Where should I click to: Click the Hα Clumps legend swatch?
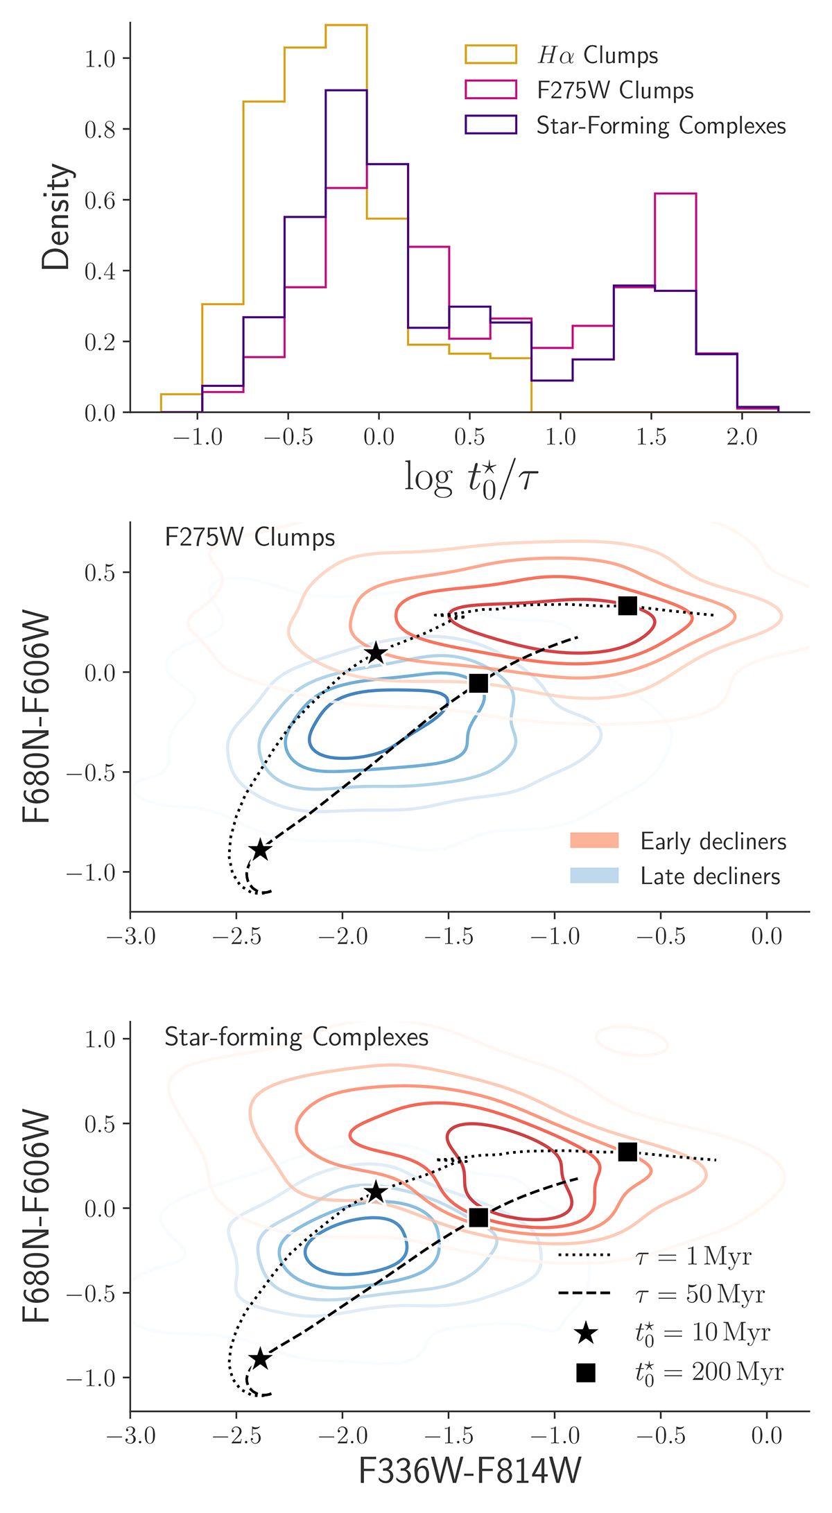tap(491, 55)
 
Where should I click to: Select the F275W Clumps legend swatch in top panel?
tap(491, 90)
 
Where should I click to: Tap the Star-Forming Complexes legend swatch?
tap(491, 126)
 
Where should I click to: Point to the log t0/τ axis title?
tap(471, 478)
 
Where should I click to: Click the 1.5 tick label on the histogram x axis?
tap(652, 438)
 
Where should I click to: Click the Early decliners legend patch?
tap(593, 841)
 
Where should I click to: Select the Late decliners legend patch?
tap(593, 876)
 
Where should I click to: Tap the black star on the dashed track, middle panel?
tap(260, 850)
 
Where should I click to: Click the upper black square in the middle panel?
tap(627, 605)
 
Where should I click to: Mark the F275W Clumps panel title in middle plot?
tap(250, 538)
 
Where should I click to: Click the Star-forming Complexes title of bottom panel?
tap(296, 1037)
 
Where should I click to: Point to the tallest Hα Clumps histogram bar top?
tap(346, 25)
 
